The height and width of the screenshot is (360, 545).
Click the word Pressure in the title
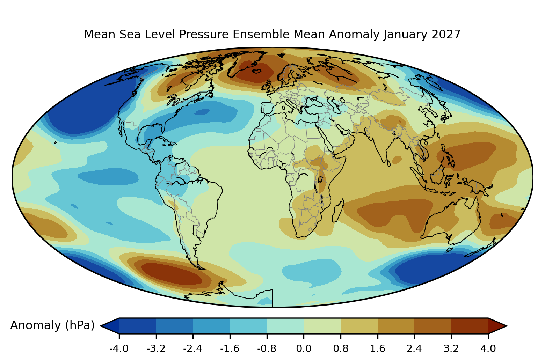pyautogui.click(x=204, y=34)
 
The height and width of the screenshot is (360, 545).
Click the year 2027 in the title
pyautogui.click(x=446, y=34)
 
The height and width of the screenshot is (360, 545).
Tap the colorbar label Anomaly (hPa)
pyautogui.click(x=52, y=326)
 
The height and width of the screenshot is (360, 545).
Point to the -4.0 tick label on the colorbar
pyautogui.click(x=119, y=349)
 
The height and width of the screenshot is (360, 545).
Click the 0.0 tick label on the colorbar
pyautogui.click(x=304, y=349)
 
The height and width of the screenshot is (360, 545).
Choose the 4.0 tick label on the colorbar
pyautogui.click(x=488, y=349)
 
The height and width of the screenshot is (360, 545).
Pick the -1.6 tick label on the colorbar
pyautogui.click(x=230, y=349)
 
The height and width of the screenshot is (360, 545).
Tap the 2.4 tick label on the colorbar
pyautogui.click(x=414, y=349)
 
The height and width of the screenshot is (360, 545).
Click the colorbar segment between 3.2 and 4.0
pyautogui.click(x=470, y=326)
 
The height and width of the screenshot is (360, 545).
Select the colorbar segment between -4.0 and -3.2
pyautogui.click(x=138, y=326)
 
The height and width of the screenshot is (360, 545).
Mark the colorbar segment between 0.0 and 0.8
pyautogui.click(x=322, y=326)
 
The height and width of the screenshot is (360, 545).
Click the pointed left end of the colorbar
pyautogui.click(x=101, y=326)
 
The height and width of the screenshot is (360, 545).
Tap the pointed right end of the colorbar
pyautogui.click(x=507, y=326)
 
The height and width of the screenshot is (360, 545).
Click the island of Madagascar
pyautogui.click(x=338, y=211)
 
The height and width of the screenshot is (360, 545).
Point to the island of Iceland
pyautogui.click(x=257, y=71)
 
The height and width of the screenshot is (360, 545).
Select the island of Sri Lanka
pyautogui.click(x=388, y=163)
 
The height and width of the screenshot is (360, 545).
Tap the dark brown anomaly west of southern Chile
pyautogui.click(x=172, y=274)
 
